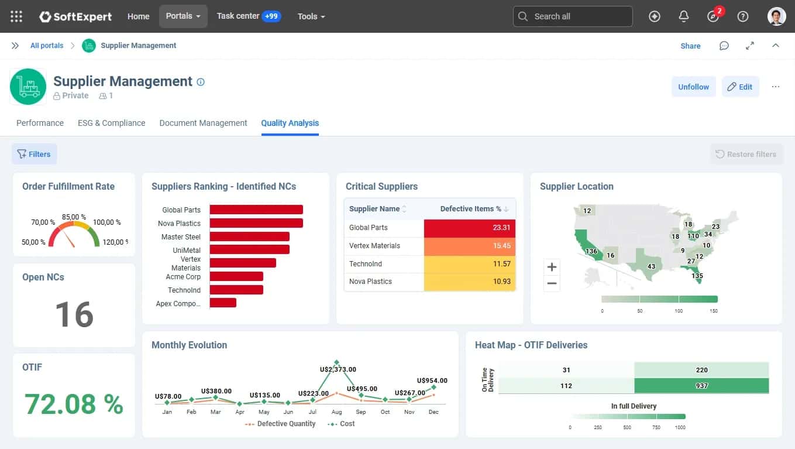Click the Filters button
pyautogui.click(x=34, y=154)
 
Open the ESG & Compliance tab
pyautogui.click(x=112, y=123)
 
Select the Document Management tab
pyautogui.click(x=203, y=123)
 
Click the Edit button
pyautogui.click(x=740, y=87)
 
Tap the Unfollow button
pyautogui.click(x=693, y=87)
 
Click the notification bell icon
pyautogui.click(x=683, y=16)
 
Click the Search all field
pyautogui.click(x=573, y=16)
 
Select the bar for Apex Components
pyautogui.click(x=223, y=303)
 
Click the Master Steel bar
pyautogui.click(x=250, y=237)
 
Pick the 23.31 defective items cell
pyautogui.click(x=470, y=228)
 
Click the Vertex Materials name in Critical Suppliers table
pyautogui.click(x=374, y=246)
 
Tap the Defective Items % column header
pyautogui.click(x=470, y=209)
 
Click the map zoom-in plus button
pyautogui.click(x=552, y=267)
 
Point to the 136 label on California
pyautogui.click(x=591, y=252)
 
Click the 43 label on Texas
pyautogui.click(x=651, y=266)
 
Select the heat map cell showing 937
pyautogui.click(x=701, y=386)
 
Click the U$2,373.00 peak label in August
pyautogui.click(x=338, y=369)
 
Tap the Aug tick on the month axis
pyautogui.click(x=336, y=412)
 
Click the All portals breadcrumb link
pyautogui.click(x=46, y=46)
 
